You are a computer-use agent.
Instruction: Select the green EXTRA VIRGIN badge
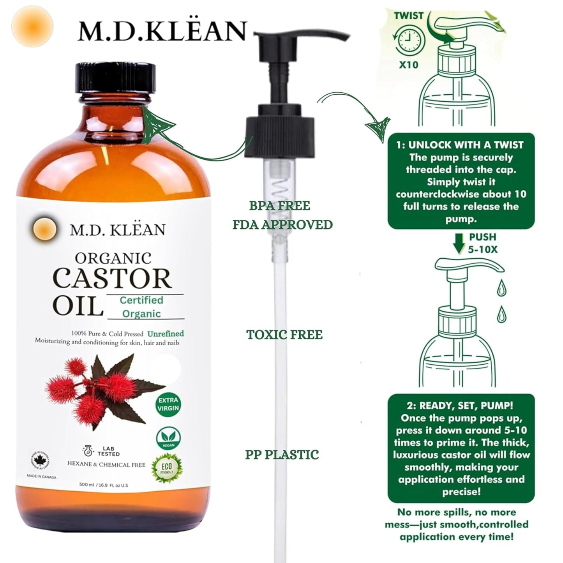click(x=168, y=404)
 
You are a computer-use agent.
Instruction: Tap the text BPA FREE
click(x=280, y=206)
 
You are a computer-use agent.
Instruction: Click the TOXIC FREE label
click(x=284, y=335)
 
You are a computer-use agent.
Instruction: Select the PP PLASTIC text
click(x=282, y=455)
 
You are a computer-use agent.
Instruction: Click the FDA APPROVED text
click(x=282, y=225)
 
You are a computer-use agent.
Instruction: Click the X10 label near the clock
click(x=408, y=64)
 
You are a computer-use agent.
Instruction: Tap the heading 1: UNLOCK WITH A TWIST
click(x=460, y=145)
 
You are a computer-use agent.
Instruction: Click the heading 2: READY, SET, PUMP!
click(x=460, y=406)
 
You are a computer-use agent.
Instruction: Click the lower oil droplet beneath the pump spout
click(x=501, y=314)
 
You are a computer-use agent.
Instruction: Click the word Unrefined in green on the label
click(x=166, y=334)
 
